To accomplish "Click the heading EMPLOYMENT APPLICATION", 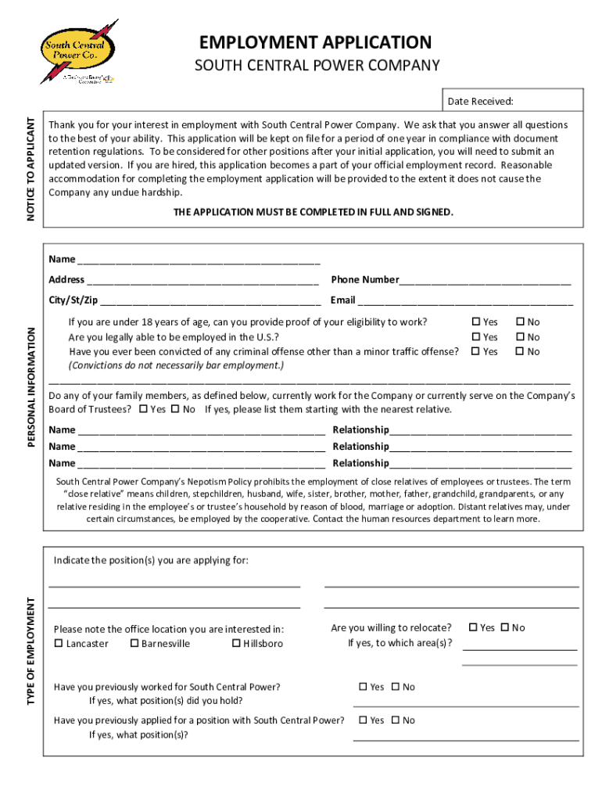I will point(315,41).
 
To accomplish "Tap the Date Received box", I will point(514,101).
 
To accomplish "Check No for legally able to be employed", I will point(519,337).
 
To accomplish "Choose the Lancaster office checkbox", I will point(59,644).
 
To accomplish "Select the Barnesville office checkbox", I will point(134,644).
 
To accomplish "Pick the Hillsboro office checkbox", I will point(236,644).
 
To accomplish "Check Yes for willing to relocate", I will point(473,627).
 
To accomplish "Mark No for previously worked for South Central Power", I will point(396,687).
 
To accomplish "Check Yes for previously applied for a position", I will point(363,720).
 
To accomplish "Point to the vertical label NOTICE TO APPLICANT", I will point(32,168).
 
